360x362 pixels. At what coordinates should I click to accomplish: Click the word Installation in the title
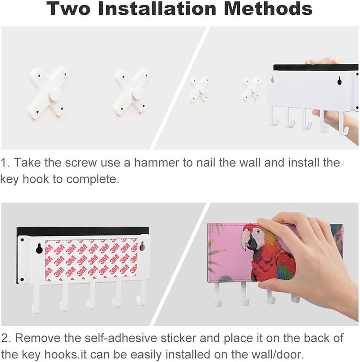coord(157,9)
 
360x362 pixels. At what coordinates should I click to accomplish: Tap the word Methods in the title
coord(268,8)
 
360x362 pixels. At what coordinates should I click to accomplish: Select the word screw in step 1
coord(81,163)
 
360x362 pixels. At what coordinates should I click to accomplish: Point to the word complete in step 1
coord(93,180)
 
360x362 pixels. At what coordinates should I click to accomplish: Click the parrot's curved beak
coord(245,242)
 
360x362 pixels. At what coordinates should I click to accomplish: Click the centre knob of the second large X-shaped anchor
coord(139,95)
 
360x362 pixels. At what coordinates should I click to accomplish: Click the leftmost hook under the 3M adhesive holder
coord(36,299)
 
